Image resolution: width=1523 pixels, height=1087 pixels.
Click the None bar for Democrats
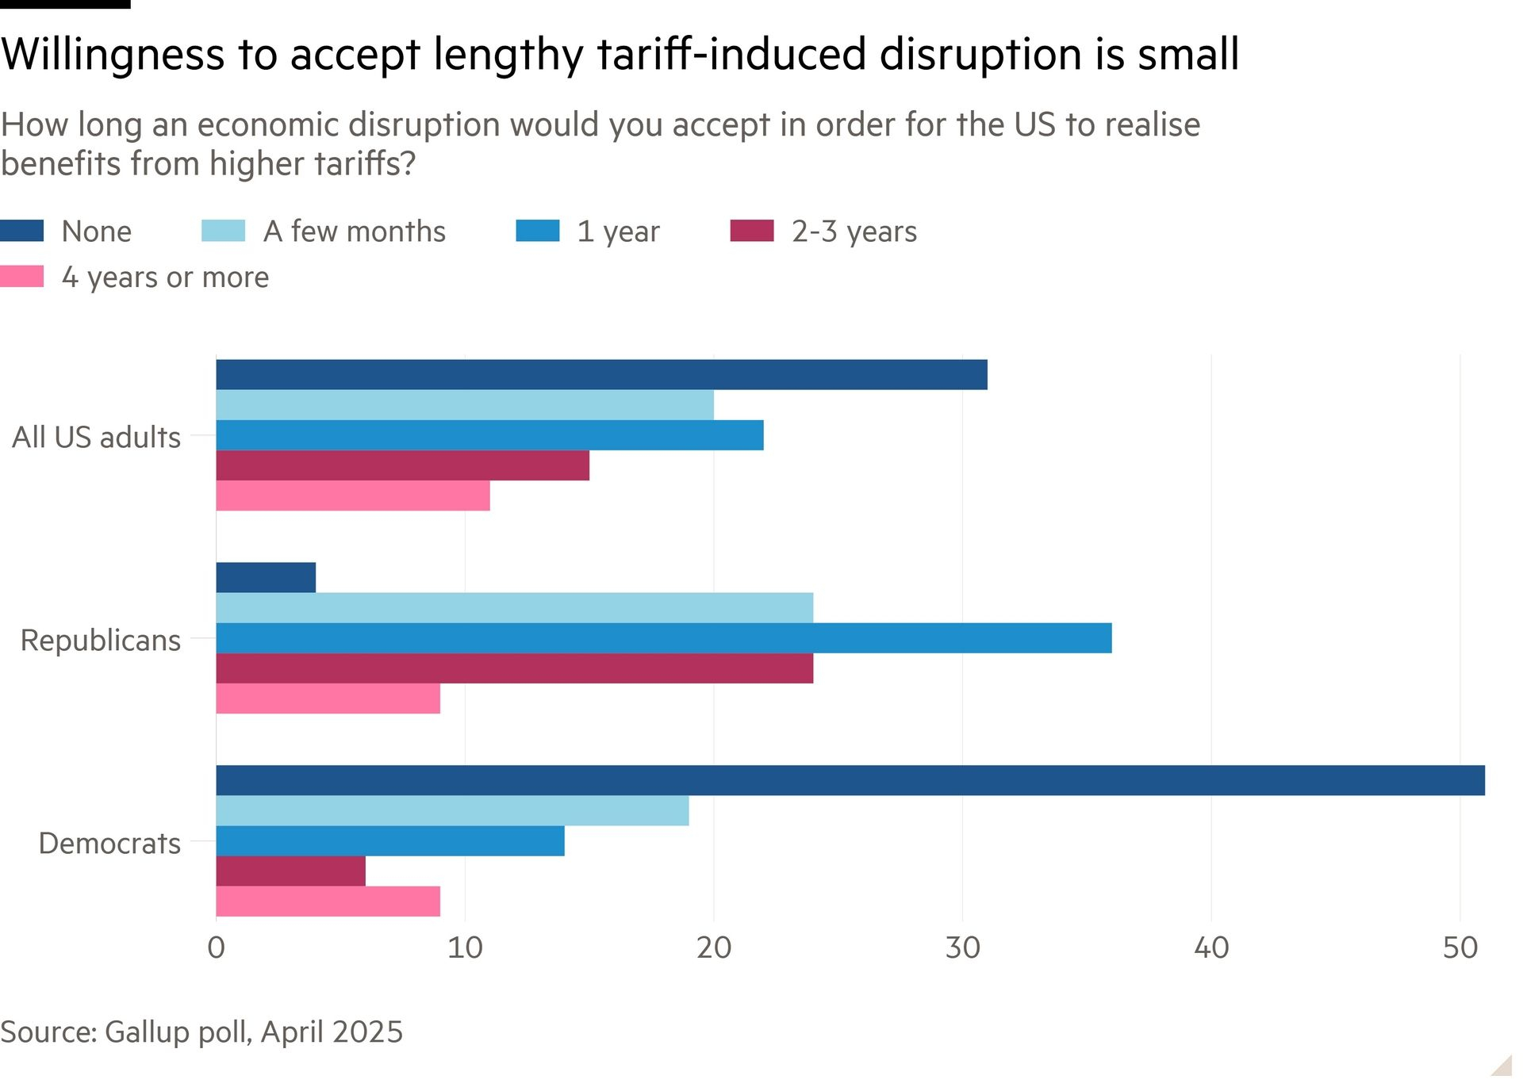coord(850,780)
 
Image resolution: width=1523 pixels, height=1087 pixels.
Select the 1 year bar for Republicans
coord(663,638)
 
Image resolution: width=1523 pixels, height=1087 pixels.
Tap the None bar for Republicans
coord(266,577)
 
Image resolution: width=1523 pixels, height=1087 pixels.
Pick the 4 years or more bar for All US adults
coord(353,496)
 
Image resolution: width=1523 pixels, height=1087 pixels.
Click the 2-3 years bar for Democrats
coord(290,871)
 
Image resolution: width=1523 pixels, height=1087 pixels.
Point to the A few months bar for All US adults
coord(465,405)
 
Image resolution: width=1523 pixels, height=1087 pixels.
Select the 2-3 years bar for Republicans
coord(514,668)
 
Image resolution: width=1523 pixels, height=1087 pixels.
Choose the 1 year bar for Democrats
coord(390,840)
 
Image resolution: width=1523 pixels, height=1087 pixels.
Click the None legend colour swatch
coord(22,231)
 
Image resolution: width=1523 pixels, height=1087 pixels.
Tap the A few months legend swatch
coord(223,231)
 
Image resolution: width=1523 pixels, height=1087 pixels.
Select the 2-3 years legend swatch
coord(751,231)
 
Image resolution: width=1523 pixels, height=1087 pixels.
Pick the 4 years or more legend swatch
coord(22,277)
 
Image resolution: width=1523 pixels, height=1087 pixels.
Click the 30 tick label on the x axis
coord(962,947)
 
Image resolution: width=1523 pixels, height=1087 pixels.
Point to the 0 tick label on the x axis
coord(216,947)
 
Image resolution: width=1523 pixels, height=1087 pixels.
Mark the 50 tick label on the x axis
coord(1460,947)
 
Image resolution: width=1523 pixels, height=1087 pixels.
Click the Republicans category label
coord(101,640)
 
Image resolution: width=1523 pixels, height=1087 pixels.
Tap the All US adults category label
coord(96,437)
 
